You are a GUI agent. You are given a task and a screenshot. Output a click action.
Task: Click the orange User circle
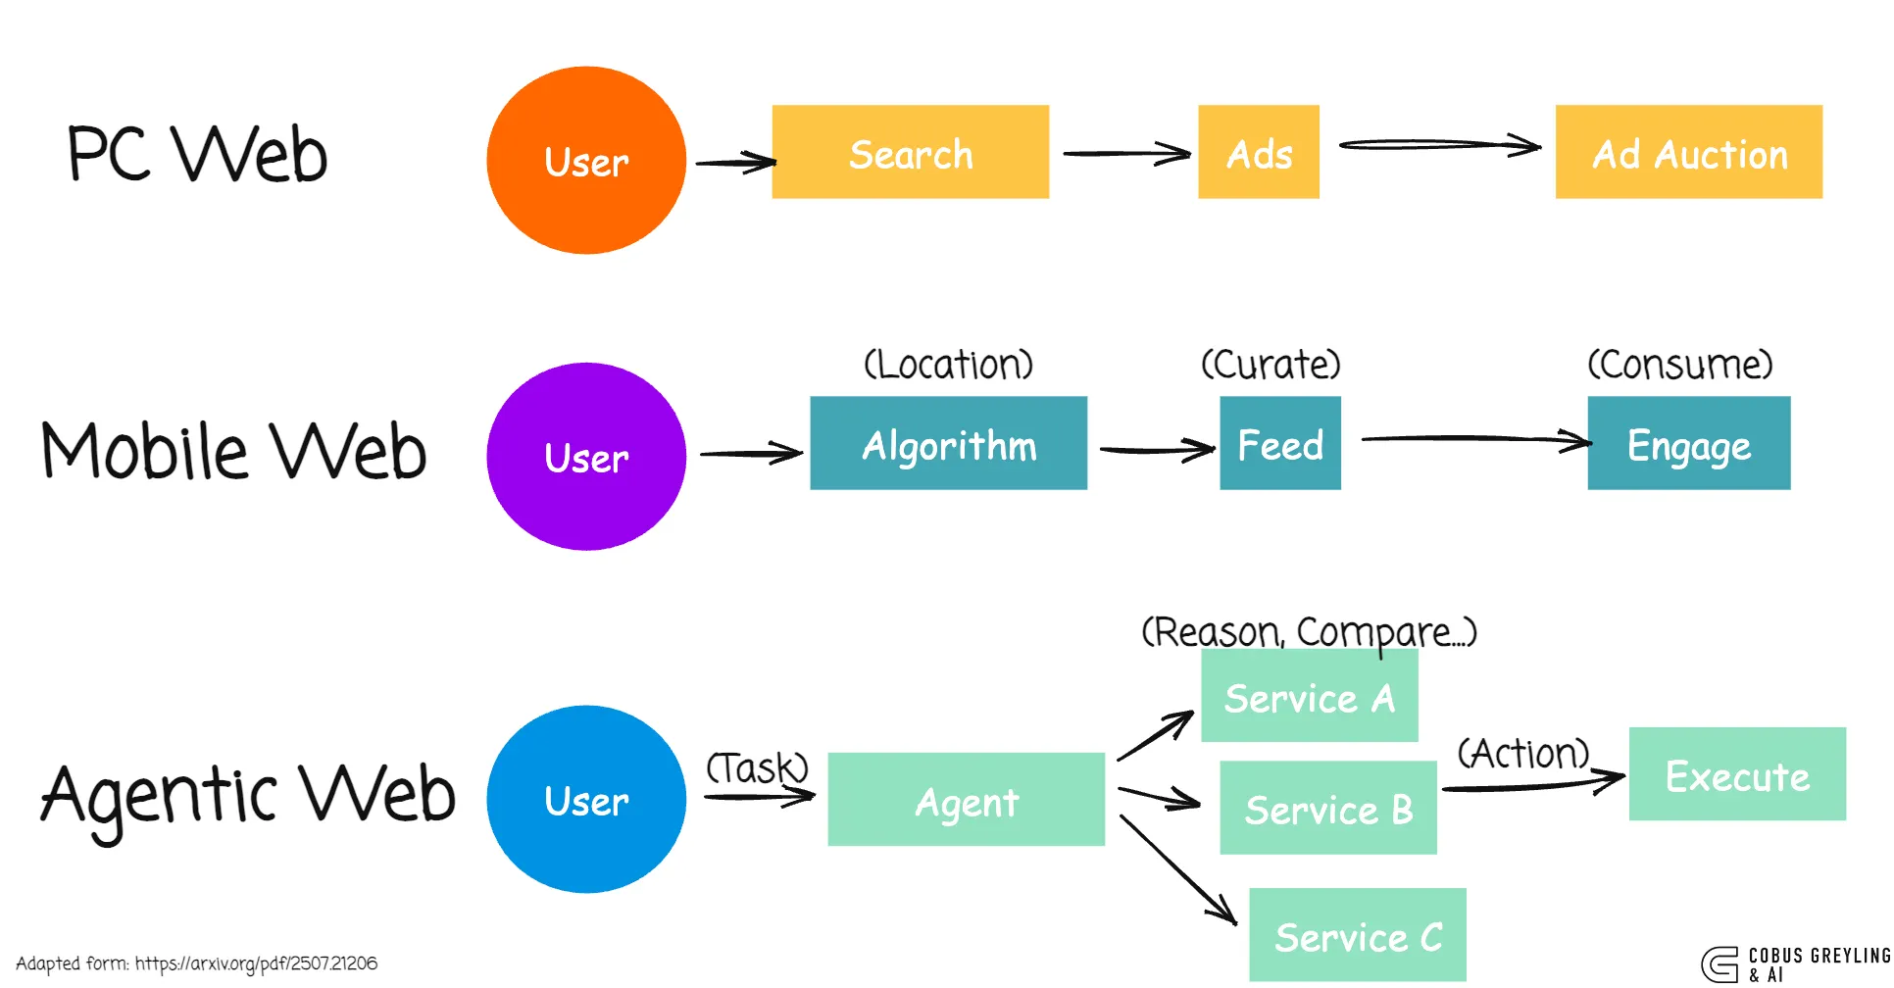pos(586,161)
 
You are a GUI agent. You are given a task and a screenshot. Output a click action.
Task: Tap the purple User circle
pos(586,457)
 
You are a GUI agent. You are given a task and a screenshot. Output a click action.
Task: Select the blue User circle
pos(586,800)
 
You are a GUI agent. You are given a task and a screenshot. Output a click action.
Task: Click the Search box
pos(910,153)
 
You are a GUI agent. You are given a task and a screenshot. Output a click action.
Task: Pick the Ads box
pos(1259,153)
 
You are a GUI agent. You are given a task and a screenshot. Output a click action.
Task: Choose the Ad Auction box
pos(1688,153)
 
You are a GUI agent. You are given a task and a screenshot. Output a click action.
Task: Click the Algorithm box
pos(948,444)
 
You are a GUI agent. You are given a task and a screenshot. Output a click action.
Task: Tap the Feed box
pos(1279,444)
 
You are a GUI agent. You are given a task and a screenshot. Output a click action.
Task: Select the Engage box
pos(1688,444)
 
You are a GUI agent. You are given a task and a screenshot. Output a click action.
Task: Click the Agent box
pos(966,800)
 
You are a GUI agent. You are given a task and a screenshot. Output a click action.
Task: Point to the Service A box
pos(1309,697)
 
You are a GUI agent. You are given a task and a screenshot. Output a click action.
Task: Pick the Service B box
pos(1327,809)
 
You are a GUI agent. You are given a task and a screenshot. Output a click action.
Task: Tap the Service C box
pos(1357,936)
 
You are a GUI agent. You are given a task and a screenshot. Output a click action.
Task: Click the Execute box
pos(1737,774)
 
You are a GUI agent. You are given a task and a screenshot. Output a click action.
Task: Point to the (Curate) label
pos(1271,365)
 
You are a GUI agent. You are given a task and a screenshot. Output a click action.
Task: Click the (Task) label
pos(757,766)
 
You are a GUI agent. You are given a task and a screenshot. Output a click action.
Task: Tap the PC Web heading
pos(197,154)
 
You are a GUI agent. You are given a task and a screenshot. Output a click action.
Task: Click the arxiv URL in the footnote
pos(256,963)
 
